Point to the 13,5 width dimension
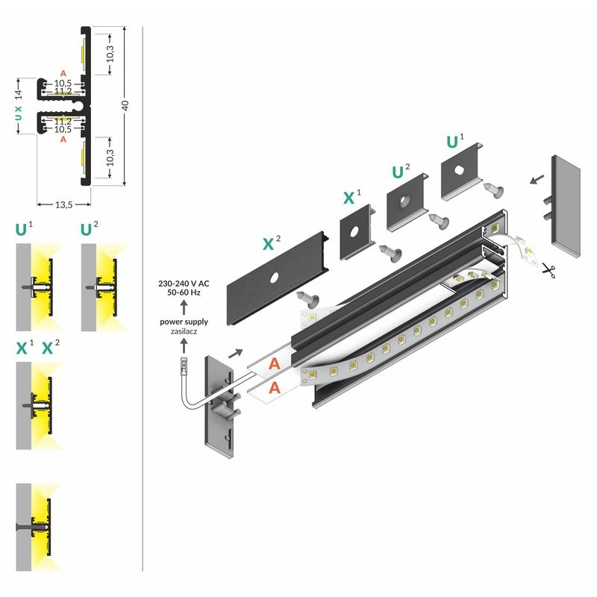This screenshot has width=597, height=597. (63, 204)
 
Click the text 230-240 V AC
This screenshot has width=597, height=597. (184, 284)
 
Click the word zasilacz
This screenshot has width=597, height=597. (184, 331)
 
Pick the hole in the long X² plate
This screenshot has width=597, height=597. (275, 278)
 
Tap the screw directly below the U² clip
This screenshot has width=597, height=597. (438, 220)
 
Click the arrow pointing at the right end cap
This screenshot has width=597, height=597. (535, 180)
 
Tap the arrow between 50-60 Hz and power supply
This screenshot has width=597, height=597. (184, 308)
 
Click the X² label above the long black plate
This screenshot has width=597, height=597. (272, 243)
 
